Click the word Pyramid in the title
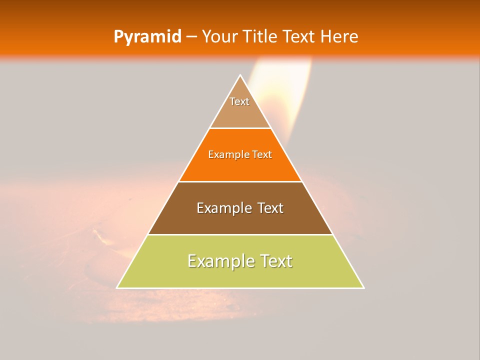pyautogui.click(x=147, y=37)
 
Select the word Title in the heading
pyautogui.click(x=263, y=36)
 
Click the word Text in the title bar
pyautogui.click(x=300, y=36)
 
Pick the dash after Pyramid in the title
pyautogui.click(x=191, y=37)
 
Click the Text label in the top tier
pyautogui.click(x=239, y=101)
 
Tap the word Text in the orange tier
pyautogui.click(x=262, y=155)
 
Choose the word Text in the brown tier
pyautogui.click(x=270, y=208)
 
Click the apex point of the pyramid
pyautogui.click(x=240, y=75)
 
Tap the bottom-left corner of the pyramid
pyautogui.click(x=117, y=288)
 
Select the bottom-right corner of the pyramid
pyautogui.click(x=363, y=288)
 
